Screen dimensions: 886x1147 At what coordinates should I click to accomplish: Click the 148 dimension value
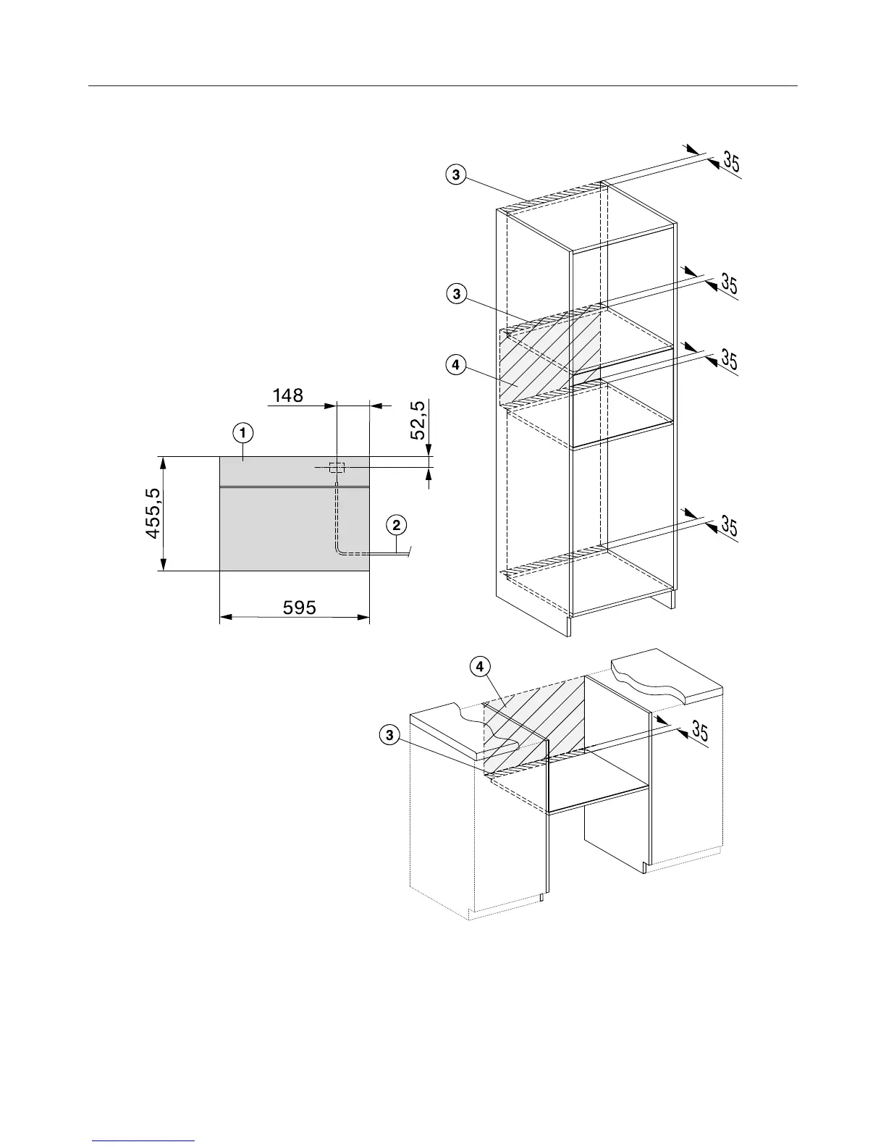tap(287, 395)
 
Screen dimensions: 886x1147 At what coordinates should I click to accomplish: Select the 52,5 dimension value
tap(418, 419)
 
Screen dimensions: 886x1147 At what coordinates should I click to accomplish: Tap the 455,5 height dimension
tap(153, 513)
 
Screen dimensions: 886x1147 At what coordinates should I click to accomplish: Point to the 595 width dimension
tap(299, 607)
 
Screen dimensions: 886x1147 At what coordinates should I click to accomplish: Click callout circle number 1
tap(242, 433)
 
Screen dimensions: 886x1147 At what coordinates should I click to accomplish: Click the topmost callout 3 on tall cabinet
tap(455, 175)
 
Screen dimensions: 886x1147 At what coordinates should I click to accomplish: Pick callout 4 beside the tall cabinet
tap(455, 366)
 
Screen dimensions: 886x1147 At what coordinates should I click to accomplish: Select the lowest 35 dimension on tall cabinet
tap(729, 526)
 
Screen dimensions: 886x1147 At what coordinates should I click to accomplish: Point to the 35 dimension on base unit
tap(699, 731)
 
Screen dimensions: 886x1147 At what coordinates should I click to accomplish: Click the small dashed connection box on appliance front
tap(337, 468)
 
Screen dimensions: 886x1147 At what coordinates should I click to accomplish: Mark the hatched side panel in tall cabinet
tap(550, 358)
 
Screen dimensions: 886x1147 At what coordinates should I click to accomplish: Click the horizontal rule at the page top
tap(442, 86)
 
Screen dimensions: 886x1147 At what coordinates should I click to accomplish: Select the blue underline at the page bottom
tap(144, 1141)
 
